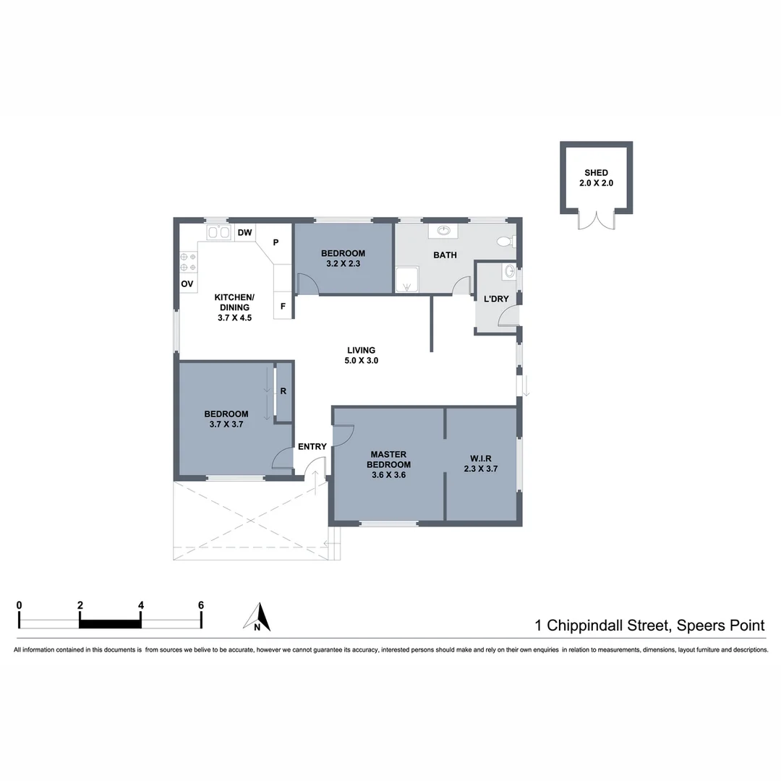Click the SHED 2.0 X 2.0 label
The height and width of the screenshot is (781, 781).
[x=596, y=178]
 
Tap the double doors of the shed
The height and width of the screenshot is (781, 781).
[x=596, y=220]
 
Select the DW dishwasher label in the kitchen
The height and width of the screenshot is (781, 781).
[x=245, y=232]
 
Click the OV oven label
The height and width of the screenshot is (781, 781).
[x=187, y=284]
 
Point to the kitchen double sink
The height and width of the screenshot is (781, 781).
[x=219, y=232]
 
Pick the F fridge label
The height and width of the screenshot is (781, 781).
[x=283, y=307]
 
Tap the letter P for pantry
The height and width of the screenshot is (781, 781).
[x=276, y=243]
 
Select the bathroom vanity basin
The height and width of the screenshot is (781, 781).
[x=444, y=231]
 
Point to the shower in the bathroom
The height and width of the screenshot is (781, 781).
[x=408, y=280]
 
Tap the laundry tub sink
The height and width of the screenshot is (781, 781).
[x=510, y=273]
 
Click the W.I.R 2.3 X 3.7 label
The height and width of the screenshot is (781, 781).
[x=482, y=464]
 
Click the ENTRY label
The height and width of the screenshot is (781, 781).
[x=312, y=446]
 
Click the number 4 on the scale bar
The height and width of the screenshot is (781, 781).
[x=140, y=605]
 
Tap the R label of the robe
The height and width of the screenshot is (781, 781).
[x=283, y=391]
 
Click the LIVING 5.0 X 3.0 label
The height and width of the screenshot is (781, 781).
[x=361, y=355]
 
